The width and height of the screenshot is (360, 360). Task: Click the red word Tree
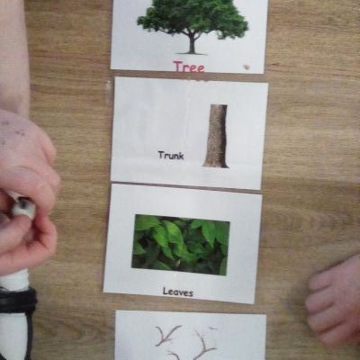[189, 67]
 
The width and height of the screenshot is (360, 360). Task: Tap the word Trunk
[171, 156]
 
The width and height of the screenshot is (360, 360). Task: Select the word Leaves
[178, 292]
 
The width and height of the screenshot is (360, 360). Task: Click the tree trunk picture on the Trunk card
[216, 136]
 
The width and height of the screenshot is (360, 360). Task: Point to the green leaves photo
[181, 244]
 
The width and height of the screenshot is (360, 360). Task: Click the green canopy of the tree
[193, 17]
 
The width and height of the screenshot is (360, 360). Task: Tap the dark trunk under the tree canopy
[192, 44]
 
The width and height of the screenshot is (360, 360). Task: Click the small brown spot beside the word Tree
[247, 67]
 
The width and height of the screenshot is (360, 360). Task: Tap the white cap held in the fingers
[22, 206]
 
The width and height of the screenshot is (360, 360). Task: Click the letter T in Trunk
[161, 155]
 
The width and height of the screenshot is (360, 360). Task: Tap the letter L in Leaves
[166, 291]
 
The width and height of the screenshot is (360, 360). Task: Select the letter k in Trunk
[181, 156]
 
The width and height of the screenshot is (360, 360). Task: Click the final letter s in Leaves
[191, 293]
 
